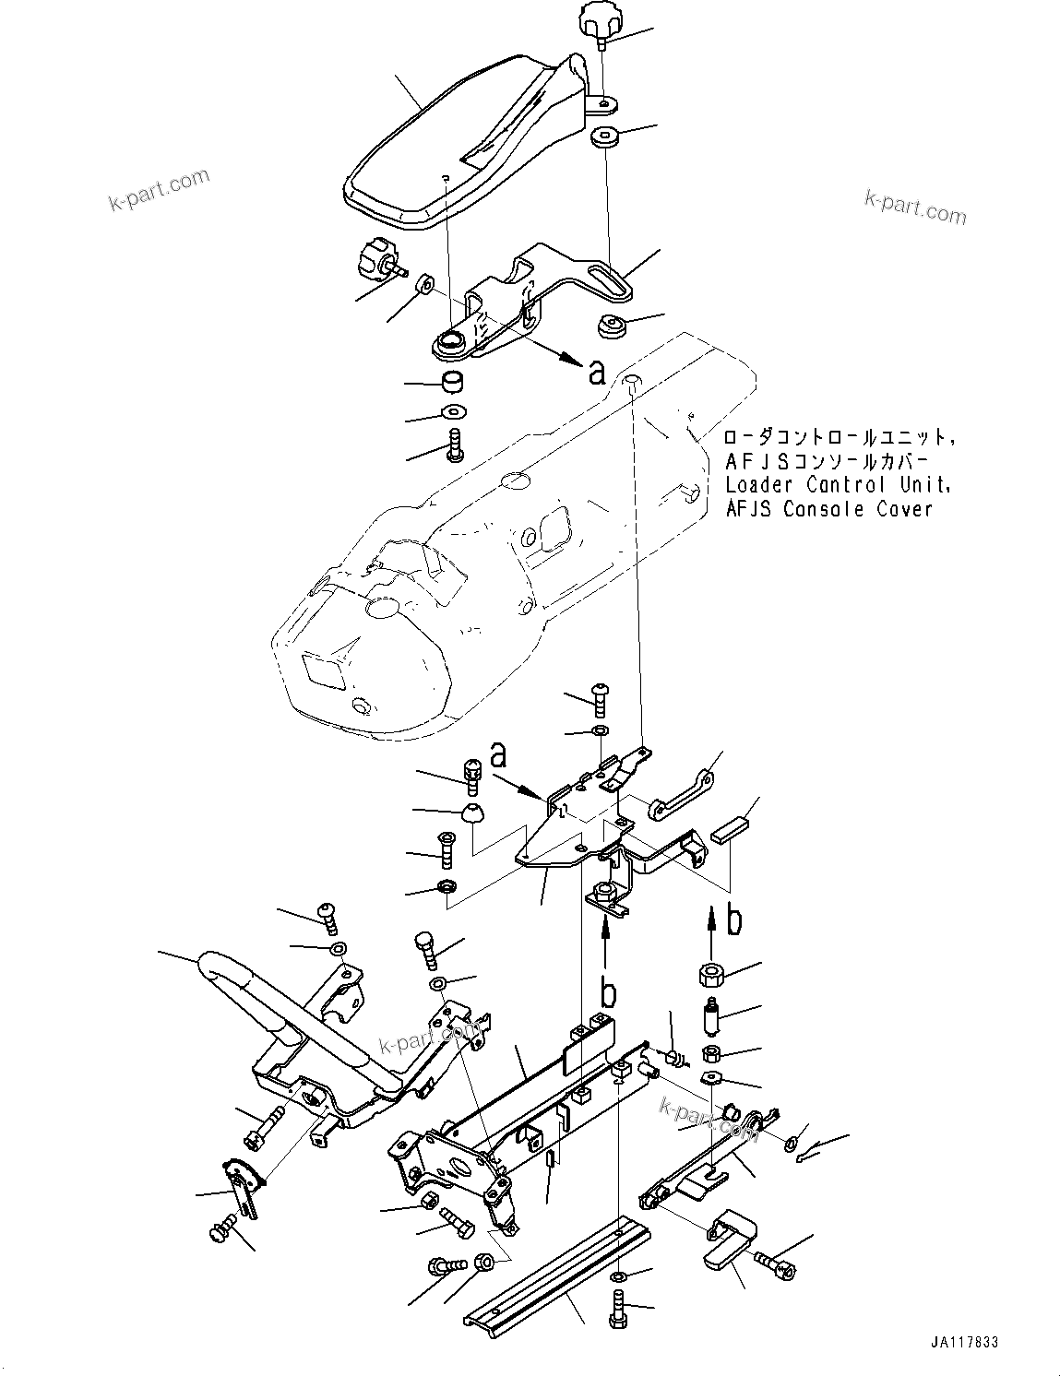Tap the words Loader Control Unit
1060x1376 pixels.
837,485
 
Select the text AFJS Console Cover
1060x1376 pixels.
828,509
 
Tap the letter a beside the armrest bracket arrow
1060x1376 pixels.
597,372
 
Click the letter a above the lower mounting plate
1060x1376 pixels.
498,755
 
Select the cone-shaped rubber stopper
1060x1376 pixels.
472,813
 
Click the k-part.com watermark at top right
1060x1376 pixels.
915,208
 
